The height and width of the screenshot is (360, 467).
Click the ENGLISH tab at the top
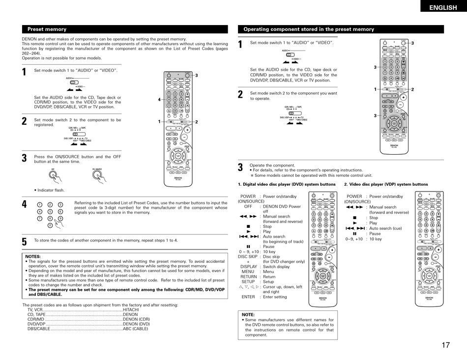tap(442, 7)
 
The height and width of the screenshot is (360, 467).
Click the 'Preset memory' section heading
tap(47, 29)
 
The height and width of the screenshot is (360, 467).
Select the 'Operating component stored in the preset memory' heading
tap(309, 29)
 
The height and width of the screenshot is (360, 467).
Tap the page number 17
tap(445, 345)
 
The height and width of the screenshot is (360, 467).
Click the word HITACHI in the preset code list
tap(131, 310)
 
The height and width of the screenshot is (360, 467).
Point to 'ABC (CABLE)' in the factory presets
tap(135, 329)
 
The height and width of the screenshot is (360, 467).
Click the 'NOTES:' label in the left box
tap(33, 256)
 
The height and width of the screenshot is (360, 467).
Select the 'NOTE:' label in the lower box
tap(248, 314)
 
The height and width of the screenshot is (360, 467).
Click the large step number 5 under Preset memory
tap(24, 242)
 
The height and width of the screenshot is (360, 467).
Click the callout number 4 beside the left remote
tap(159, 100)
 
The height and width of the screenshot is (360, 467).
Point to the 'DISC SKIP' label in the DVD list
tap(248, 256)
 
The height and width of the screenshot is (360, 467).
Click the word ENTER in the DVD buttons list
tap(248, 297)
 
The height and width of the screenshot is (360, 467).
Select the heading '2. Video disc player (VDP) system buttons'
tap(386, 184)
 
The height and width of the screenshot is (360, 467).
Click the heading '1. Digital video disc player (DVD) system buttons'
tap(287, 184)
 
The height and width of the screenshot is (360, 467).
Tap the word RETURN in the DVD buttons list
tap(248, 277)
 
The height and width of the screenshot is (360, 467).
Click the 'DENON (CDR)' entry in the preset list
tap(136, 319)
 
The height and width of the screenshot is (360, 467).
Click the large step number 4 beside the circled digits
tap(24, 204)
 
